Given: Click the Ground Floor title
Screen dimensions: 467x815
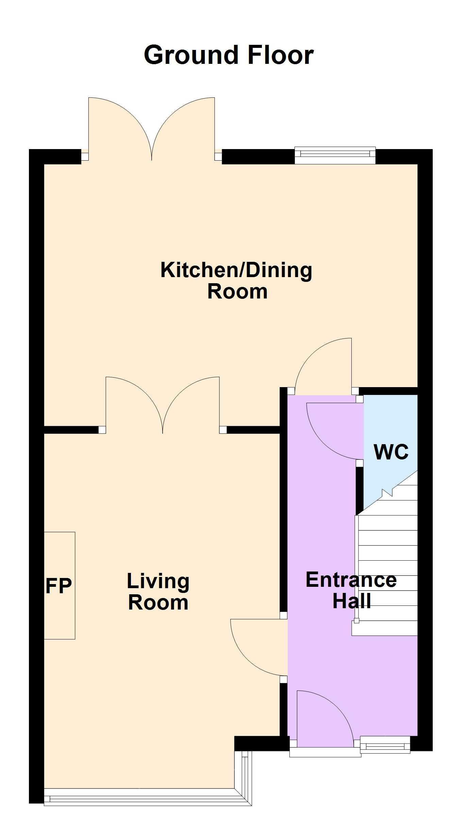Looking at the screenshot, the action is (229, 55).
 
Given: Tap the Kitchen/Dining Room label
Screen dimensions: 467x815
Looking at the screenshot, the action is (237, 281).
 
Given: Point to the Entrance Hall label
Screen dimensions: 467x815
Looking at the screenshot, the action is (351, 590).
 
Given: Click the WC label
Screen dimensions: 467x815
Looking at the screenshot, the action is (391, 452).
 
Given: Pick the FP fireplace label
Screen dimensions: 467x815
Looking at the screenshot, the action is (59, 585).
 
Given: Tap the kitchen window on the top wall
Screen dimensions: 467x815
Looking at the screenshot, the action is (335, 156).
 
